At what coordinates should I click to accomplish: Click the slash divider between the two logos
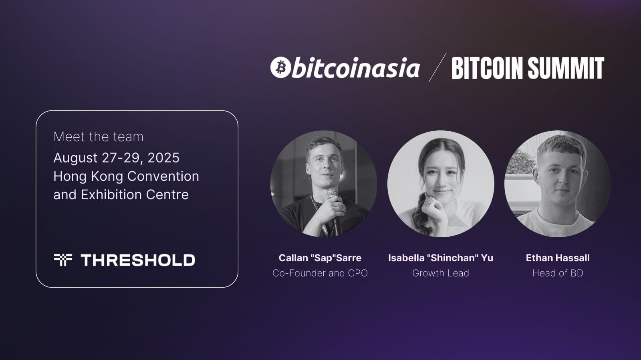click(437, 68)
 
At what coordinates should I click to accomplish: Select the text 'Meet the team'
click(98, 137)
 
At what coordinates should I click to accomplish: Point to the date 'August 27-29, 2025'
click(116, 158)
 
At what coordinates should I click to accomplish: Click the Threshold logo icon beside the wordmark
click(63, 260)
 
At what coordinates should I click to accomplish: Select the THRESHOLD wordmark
click(138, 260)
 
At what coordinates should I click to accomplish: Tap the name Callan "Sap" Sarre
click(320, 258)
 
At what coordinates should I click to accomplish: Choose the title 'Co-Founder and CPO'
click(320, 273)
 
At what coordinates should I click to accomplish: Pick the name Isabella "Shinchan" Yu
click(440, 258)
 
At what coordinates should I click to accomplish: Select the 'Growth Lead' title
click(440, 273)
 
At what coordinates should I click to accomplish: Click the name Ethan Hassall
click(557, 258)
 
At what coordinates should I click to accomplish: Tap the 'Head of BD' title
click(557, 273)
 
